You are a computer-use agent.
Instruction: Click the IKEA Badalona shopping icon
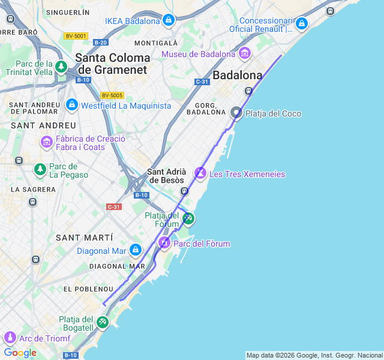pyautogui.click(x=169, y=21)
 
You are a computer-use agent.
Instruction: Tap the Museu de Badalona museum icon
pyautogui.click(x=244, y=54)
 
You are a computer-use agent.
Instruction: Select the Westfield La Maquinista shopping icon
pyautogui.click(x=72, y=106)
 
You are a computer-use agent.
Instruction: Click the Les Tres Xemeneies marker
pyautogui.click(x=200, y=173)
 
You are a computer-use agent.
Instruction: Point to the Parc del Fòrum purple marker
pyautogui.click(x=164, y=243)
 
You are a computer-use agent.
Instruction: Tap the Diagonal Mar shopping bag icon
pyautogui.click(x=135, y=250)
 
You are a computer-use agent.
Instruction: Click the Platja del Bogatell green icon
pyautogui.click(x=103, y=323)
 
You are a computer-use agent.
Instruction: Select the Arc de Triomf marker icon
pyautogui.click(x=10, y=338)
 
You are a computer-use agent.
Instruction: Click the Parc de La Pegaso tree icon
pyautogui.click(x=40, y=170)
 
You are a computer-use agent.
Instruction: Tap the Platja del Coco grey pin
pyautogui.click(x=236, y=113)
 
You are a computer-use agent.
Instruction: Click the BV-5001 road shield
pyautogui.click(x=76, y=36)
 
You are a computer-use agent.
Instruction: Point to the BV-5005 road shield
pyautogui.click(x=112, y=95)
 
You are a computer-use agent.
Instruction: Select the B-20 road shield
pyautogui.click(x=100, y=42)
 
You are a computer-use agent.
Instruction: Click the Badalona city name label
pyautogui.click(x=238, y=76)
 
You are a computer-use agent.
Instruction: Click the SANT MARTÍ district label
pyautogui.click(x=84, y=238)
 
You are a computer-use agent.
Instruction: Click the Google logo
pyautogui.click(x=20, y=353)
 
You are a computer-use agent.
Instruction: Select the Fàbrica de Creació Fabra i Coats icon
pyautogui.click(x=47, y=142)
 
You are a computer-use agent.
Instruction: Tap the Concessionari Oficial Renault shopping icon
pyautogui.click(x=301, y=24)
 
